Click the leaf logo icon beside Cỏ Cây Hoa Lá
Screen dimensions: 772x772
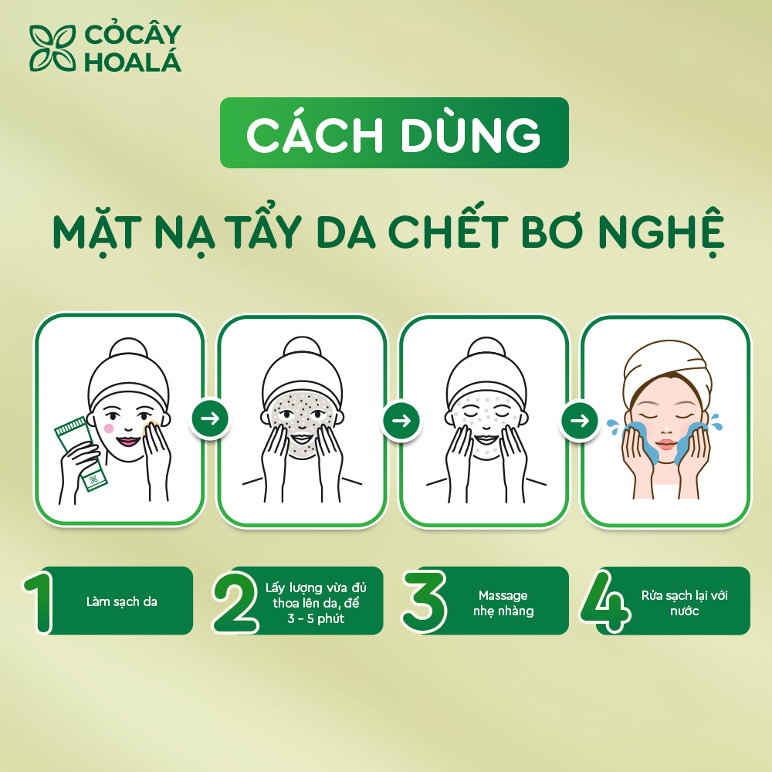pyautogui.click(x=52, y=48)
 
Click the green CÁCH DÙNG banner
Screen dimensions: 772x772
pyautogui.click(x=394, y=133)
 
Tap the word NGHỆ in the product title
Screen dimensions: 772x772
pyautogui.click(x=662, y=231)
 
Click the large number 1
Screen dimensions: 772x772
pyautogui.click(x=39, y=601)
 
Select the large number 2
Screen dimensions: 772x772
pyautogui.click(x=235, y=602)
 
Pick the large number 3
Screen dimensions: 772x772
pyautogui.click(x=423, y=601)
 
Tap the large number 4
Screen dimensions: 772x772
pyautogui.click(x=605, y=601)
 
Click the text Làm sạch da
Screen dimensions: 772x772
pyautogui.click(x=122, y=601)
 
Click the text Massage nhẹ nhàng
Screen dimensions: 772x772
pyautogui.click(x=503, y=603)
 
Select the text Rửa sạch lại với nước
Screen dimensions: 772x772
pyautogui.click(x=684, y=603)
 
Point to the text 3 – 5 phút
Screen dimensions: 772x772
pyautogui.click(x=316, y=618)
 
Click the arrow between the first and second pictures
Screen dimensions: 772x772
pyautogui.click(x=210, y=418)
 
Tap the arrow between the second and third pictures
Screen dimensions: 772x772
pyautogui.click(x=401, y=421)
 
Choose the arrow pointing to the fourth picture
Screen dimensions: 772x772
pyautogui.click(x=580, y=421)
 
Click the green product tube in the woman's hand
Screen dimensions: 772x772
pyautogui.click(x=81, y=453)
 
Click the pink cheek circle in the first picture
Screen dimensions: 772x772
pyautogui.click(x=109, y=428)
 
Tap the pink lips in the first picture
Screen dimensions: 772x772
pyautogui.click(x=128, y=441)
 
